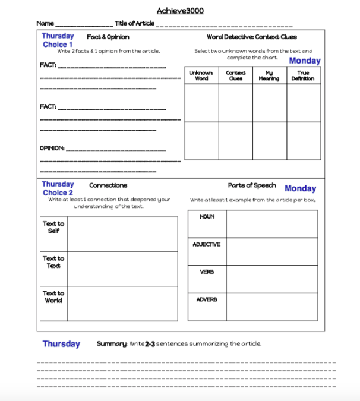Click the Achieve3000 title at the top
click(x=180, y=11)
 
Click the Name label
click(x=45, y=23)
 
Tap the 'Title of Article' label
click(x=134, y=23)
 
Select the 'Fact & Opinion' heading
click(x=108, y=37)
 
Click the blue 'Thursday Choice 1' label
click(x=58, y=40)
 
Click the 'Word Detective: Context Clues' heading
click(x=251, y=37)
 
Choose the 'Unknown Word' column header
click(x=201, y=76)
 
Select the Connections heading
click(x=108, y=185)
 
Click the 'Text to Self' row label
click(x=53, y=227)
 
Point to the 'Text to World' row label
click(x=53, y=296)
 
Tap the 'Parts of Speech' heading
click(x=251, y=185)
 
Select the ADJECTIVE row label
click(x=206, y=244)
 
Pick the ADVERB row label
click(x=206, y=299)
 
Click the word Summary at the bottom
click(x=109, y=344)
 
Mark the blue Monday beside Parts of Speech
click(x=301, y=188)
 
